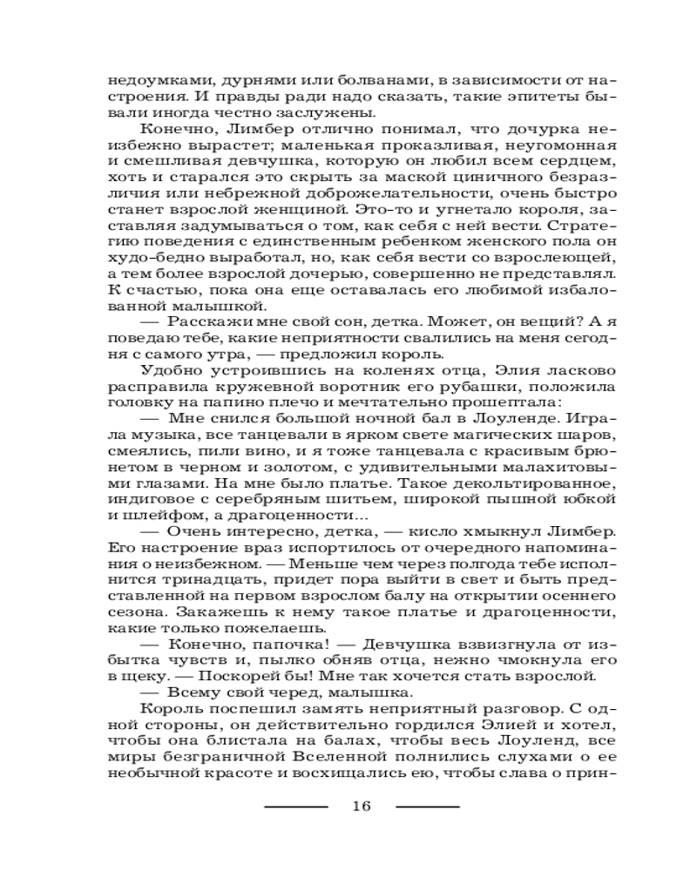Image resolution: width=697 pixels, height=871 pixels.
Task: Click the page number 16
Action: point(362,806)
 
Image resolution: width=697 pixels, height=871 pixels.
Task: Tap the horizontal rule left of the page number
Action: point(295,807)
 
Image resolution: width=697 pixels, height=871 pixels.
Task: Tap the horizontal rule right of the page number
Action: point(427,807)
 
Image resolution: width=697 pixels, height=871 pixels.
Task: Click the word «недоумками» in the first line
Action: point(145,78)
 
